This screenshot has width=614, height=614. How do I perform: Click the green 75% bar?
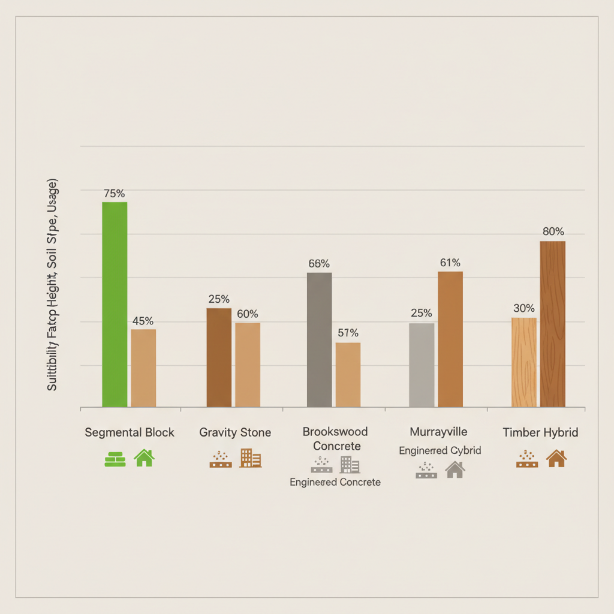pyautogui.click(x=115, y=305)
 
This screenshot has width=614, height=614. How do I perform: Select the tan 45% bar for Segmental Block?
pyautogui.click(x=143, y=368)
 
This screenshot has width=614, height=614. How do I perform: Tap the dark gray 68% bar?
pyautogui.click(x=319, y=340)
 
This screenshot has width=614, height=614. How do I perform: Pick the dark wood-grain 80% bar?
pyautogui.click(x=552, y=324)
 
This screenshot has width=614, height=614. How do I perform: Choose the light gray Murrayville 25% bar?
pyautogui.click(x=422, y=365)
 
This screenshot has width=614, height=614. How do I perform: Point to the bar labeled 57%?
pyautogui.click(x=348, y=375)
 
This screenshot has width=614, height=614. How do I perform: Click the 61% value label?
pyautogui.click(x=450, y=263)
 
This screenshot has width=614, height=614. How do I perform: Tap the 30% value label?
pyautogui.click(x=524, y=308)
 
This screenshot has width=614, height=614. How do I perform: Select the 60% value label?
pyautogui.click(x=247, y=314)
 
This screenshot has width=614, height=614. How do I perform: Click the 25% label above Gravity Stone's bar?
pyautogui.click(x=219, y=299)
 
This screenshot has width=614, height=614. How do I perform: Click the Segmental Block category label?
pyautogui.click(x=130, y=432)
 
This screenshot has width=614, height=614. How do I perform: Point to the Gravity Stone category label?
pyautogui.click(x=235, y=432)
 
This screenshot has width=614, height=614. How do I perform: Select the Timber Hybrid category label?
pyautogui.click(x=540, y=432)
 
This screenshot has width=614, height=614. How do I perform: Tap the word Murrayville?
pyautogui.click(x=438, y=432)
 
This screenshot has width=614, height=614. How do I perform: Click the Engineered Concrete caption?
pyautogui.click(x=335, y=482)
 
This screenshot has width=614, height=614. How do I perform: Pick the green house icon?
pyautogui.click(x=144, y=458)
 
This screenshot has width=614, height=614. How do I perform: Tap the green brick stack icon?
pyautogui.click(x=115, y=459)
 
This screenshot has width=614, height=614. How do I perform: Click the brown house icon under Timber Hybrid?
pyautogui.click(x=556, y=459)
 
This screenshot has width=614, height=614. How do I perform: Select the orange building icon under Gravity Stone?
pyautogui.click(x=250, y=458)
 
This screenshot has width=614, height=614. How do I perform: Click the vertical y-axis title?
pyautogui.click(x=52, y=285)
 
